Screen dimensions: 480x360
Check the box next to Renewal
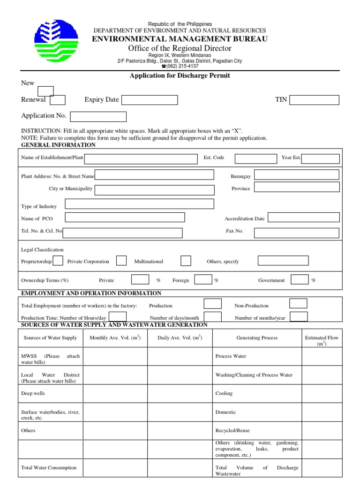point(58,100)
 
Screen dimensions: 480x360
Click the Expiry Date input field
point(150,100)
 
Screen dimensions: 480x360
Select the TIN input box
point(314,100)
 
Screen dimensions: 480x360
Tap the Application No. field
point(98,116)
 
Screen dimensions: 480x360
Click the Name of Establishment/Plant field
point(141,158)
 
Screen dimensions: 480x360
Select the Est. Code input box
point(255,158)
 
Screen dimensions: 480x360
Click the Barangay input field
point(296,175)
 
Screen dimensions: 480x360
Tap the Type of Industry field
point(139,204)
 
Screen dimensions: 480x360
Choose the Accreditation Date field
point(303,217)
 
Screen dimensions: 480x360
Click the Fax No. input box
point(296,232)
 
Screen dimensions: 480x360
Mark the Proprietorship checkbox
point(58,261)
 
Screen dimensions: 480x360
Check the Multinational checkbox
point(186,261)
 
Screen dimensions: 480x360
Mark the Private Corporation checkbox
point(121,261)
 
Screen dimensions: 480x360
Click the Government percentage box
point(300,280)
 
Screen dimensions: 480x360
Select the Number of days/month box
point(213,317)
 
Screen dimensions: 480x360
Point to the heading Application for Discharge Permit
point(180,75)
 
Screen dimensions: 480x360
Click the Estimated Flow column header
point(322,340)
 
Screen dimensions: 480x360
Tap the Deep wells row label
point(33,393)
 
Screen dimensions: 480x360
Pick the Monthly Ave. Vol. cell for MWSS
point(115,356)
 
